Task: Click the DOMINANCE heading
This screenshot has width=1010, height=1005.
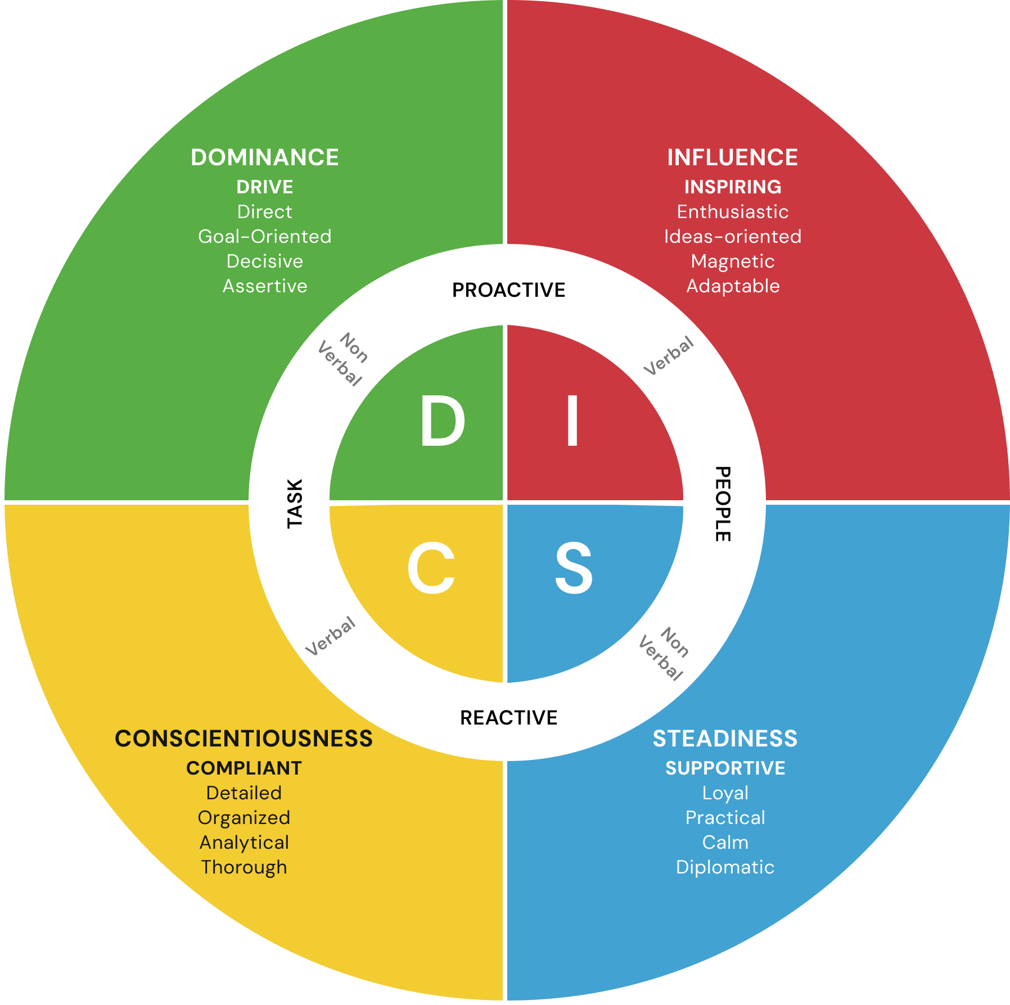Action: click(265, 157)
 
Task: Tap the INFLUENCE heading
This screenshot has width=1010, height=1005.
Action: click(732, 157)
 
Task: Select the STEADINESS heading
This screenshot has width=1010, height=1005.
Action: click(725, 739)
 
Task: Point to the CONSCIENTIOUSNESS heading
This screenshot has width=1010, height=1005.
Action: click(244, 739)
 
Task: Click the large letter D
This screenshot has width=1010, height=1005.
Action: click(443, 422)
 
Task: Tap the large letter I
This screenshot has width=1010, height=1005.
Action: click(572, 422)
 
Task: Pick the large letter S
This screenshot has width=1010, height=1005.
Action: click(574, 568)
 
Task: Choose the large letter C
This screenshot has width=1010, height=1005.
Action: click(431, 568)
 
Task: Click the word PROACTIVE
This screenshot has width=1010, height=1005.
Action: click(508, 290)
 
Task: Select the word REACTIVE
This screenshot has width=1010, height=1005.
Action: click(508, 718)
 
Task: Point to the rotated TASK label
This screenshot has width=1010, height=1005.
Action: click(295, 504)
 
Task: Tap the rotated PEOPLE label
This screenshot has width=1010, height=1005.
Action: click(723, 504)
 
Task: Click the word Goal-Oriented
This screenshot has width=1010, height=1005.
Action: click(265, 237)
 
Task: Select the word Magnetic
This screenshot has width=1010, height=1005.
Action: click(733, 261)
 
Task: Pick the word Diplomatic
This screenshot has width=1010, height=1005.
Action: click(725, 867)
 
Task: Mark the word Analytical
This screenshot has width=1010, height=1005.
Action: click(244, 843)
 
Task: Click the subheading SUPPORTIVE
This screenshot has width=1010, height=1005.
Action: click(725, 768)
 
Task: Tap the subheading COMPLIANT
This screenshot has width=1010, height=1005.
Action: click(244, 768)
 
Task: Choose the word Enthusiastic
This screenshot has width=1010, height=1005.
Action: click(733, 212)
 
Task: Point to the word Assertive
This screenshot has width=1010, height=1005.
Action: click(265, 286)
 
